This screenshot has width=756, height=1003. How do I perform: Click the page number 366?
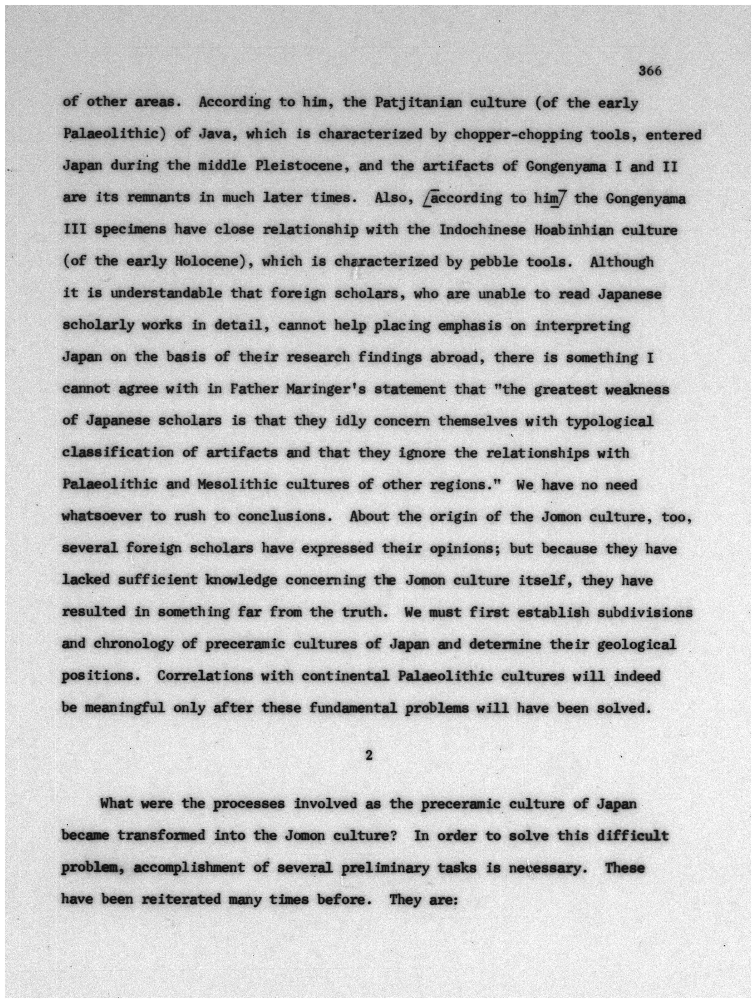(x=650, y=71)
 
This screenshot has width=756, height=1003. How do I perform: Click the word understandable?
(x=166, y=294)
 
